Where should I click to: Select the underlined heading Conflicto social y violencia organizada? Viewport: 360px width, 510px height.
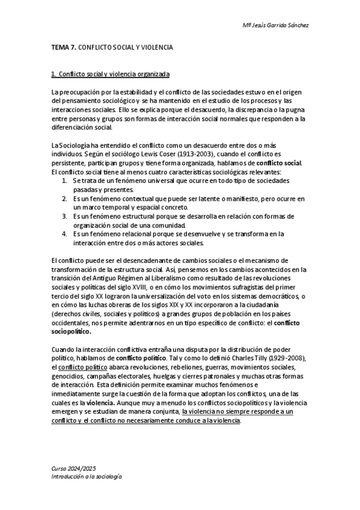[114, 74]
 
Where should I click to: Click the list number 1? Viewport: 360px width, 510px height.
[64, 180]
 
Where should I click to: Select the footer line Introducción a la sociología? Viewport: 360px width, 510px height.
[87, 476]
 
